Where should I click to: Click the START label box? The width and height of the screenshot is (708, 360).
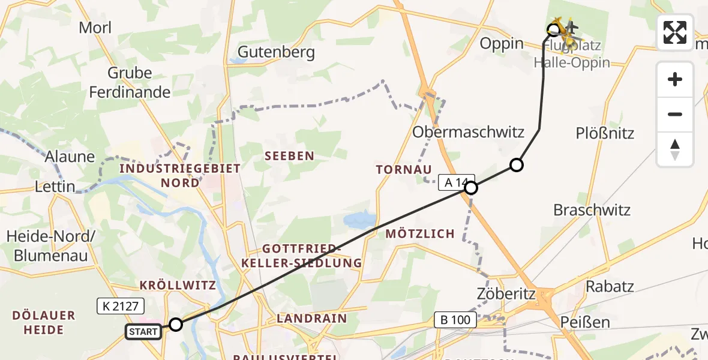coord(143,331)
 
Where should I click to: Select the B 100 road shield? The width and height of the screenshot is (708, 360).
coord(456,320)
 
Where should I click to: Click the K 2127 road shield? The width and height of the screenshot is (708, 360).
coord(121,307)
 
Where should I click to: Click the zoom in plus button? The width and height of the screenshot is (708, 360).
coord(675,80)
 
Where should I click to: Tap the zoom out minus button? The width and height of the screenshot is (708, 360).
coord(675,114)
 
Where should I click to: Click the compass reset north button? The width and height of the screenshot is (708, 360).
coord(675,149)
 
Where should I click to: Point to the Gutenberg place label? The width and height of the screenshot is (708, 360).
coord(276,52)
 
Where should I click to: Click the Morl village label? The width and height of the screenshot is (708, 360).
coord(95,28)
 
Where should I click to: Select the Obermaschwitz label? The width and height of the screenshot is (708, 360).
coord(468,132)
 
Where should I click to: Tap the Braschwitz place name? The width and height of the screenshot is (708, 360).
coord(592,210)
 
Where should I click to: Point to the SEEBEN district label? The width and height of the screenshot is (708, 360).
coord(289,156)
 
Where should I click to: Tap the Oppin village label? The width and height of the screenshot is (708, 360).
coord(502,44)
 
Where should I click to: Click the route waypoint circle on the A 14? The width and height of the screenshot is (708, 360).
coord(472,188)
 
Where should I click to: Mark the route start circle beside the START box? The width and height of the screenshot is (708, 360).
coord(175,325)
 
